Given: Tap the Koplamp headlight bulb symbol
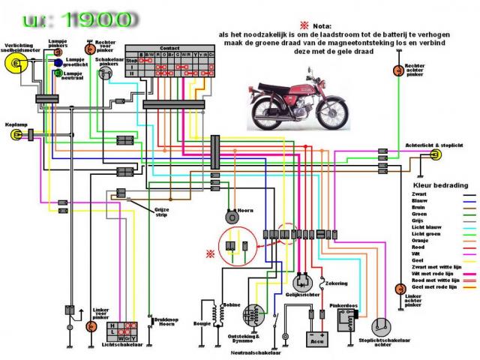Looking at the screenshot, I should [x=16, y=135].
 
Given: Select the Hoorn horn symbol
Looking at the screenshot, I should [x=232, y=218].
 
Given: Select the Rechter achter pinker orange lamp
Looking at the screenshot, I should [x=399, y=71].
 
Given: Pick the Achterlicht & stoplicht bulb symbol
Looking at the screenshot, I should [x=435, y=156].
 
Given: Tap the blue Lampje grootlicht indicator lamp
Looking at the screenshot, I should [x=58, y=63].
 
